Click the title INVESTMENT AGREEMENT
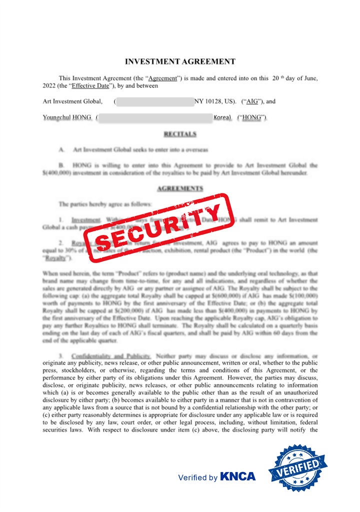180,62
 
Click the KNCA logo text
237,476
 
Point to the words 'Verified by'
198,477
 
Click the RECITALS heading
180,134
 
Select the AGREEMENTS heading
180,188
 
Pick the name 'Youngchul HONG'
67,118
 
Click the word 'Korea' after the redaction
222,118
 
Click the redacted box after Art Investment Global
155,101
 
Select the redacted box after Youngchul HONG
155,118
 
